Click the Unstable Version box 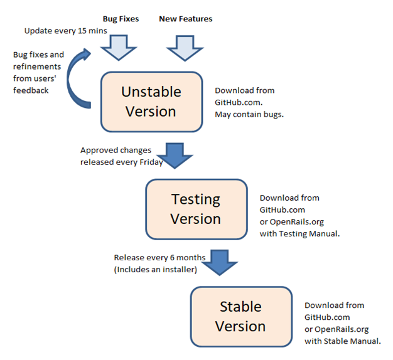(152, 102)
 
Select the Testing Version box (196, 209)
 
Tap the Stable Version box (241, 317)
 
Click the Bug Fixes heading (121, 19)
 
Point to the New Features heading (186, 19)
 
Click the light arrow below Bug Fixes (119, 48)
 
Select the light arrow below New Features (185, 48)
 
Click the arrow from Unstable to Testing (175, 156)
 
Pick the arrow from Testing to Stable (220, 263)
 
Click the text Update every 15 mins (66, 31)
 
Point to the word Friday (151, 162)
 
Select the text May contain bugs (249, 114)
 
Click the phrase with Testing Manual (299, 233)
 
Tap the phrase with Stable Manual (343, 341)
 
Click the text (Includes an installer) (156, 270)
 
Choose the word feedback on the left (31, 90)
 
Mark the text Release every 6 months (159, 257)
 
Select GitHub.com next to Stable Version (327, 317)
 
